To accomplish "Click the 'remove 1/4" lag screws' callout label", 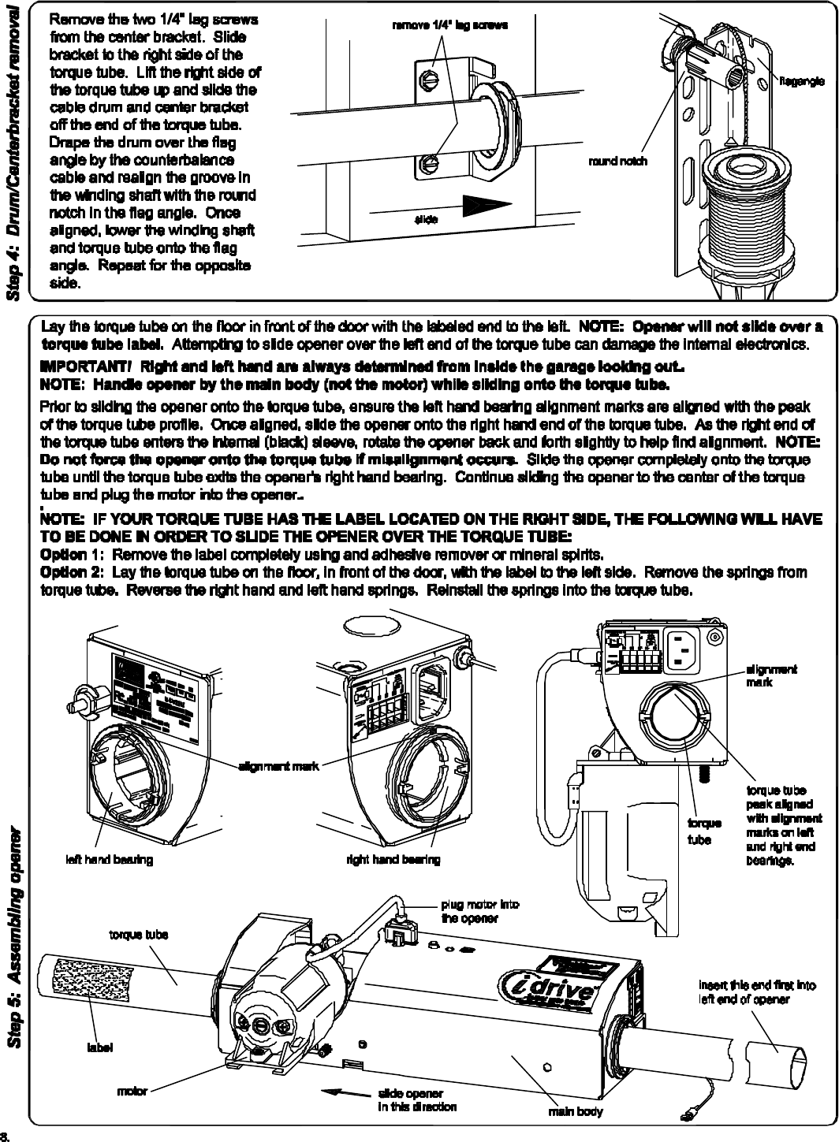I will pos(449,24).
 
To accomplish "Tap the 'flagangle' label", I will pos(803,80).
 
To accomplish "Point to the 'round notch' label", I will pos(618,161).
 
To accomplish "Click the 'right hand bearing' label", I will pos(393,859).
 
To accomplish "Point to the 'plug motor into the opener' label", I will pos(479,912).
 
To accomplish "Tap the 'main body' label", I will pos(576,1112).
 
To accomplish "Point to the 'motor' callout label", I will pos(132,1092).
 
